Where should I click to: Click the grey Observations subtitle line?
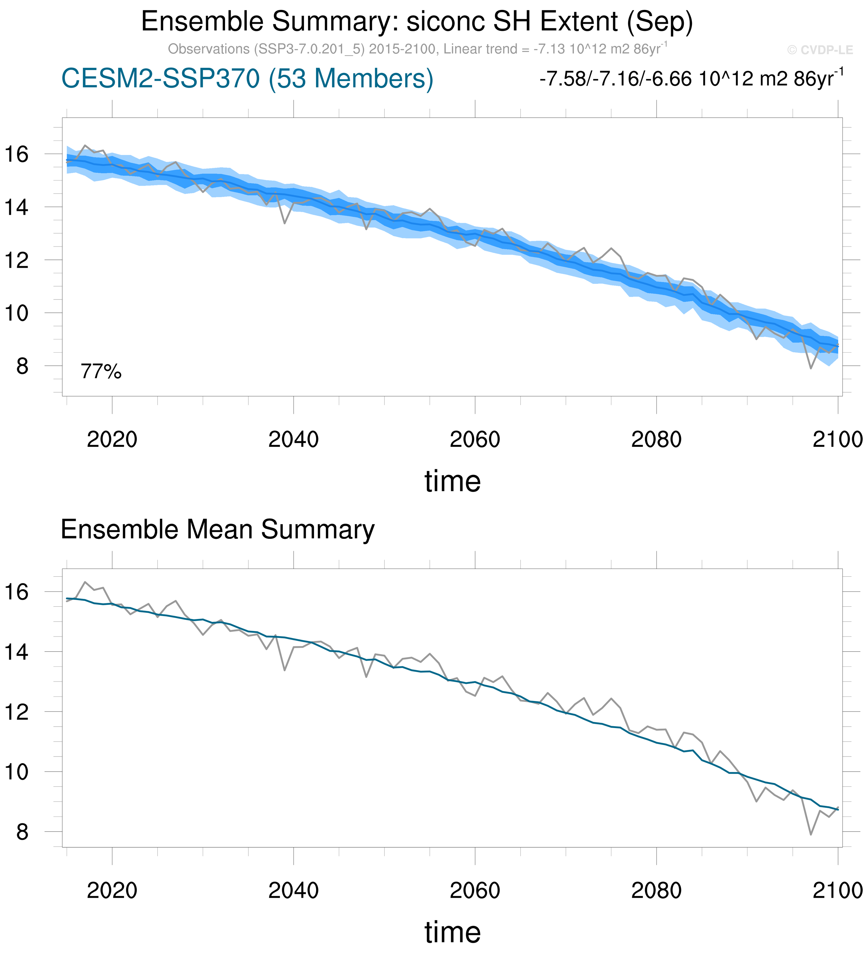417,49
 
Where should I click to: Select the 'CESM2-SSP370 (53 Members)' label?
247,78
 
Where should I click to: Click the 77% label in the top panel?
101,372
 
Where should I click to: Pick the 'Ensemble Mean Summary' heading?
218,530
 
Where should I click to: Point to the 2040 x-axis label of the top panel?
293,440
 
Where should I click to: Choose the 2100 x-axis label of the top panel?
837,440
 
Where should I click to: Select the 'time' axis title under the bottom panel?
452,933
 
